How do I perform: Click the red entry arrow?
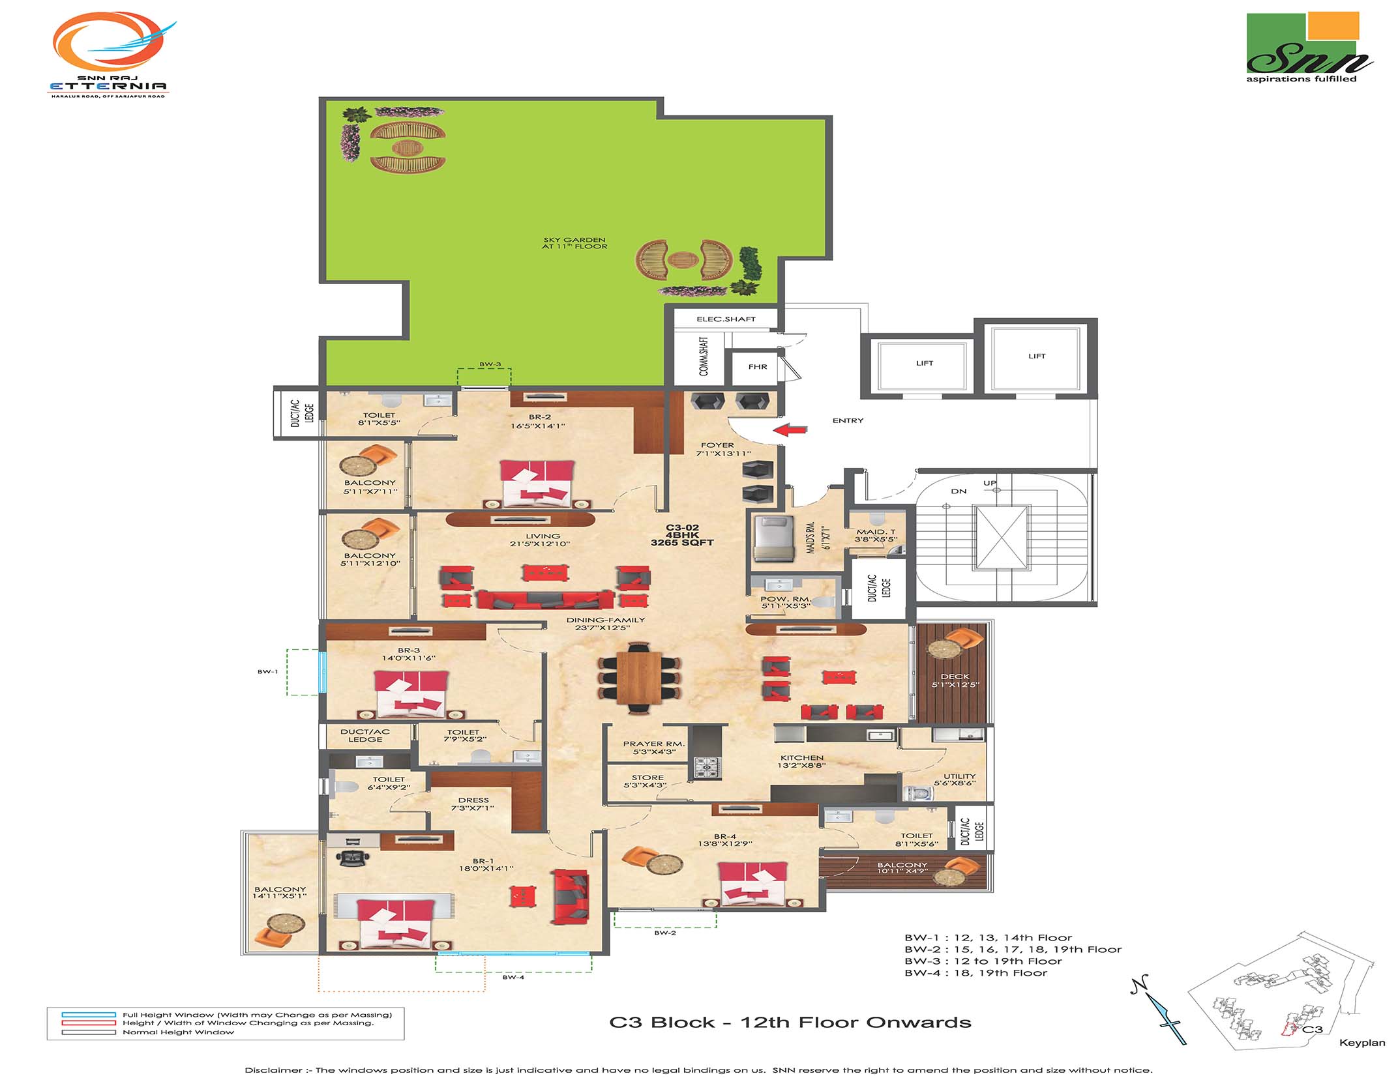790,430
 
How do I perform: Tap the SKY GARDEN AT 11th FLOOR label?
574,243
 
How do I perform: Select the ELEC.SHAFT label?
726,319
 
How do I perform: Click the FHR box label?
757,367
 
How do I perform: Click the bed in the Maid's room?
773,538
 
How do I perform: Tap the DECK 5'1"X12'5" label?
955,680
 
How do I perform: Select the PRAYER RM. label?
653,744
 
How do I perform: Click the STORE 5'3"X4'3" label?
647,781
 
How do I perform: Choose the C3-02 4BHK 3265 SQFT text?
682,535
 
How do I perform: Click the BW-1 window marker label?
267,671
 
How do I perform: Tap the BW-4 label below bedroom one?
513,977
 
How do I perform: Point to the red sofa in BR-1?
571,896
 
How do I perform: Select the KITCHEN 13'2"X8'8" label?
801,761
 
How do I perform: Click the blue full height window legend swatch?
89,1015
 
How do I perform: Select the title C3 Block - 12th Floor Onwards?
790,1023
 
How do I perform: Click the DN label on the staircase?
958,491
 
